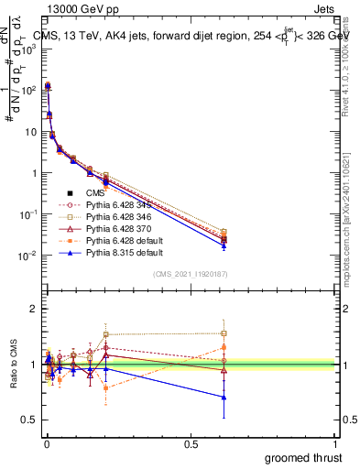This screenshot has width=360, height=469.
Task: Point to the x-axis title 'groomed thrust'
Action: pos(303,457)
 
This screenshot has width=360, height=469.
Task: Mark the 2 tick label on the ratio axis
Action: pos(33,309)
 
